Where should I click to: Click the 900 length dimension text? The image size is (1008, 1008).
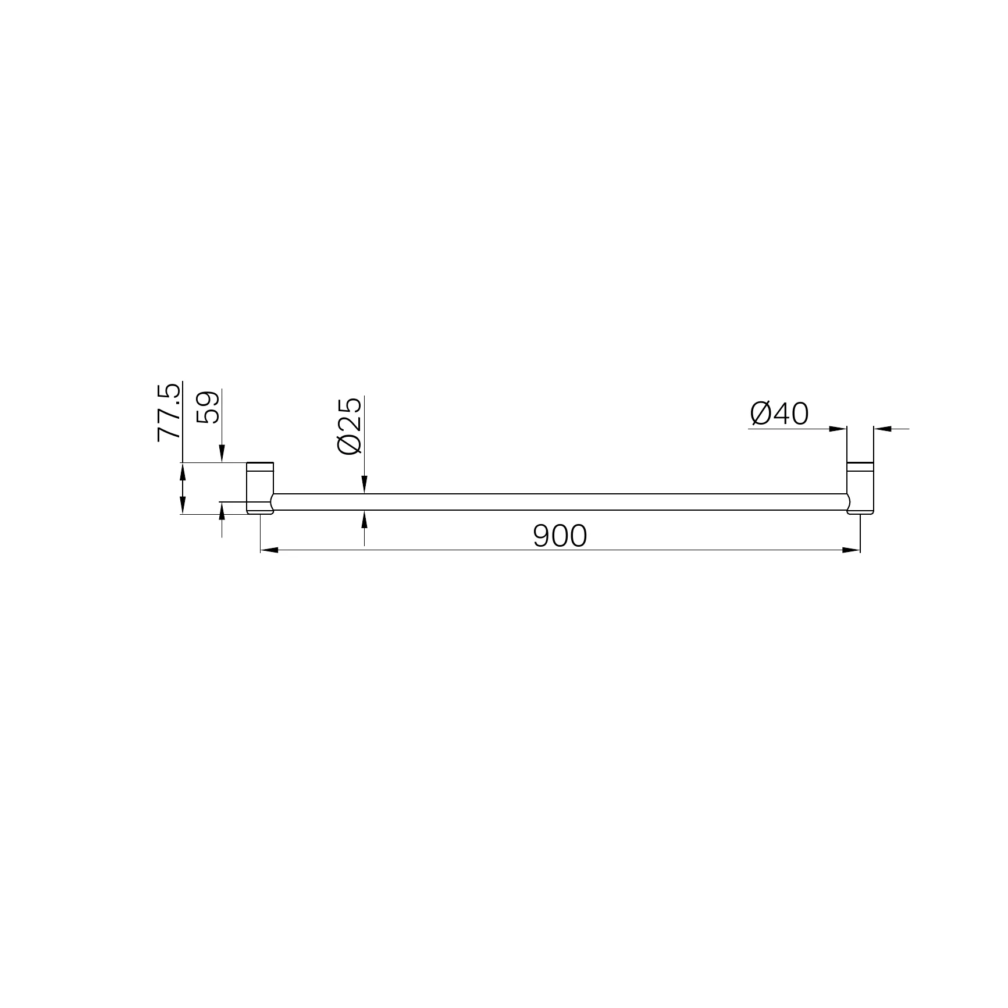560,536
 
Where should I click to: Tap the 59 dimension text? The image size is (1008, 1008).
208,407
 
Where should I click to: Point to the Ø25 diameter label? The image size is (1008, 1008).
349,426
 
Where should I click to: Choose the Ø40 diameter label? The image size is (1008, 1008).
779,414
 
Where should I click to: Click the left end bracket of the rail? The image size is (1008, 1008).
260,488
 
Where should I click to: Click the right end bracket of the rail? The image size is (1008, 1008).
860,488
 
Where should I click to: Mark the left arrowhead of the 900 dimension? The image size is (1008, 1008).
268,550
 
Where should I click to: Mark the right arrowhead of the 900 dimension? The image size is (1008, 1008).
852,550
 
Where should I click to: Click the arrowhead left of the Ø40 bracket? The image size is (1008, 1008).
838,429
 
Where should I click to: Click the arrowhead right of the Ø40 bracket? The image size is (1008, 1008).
882,429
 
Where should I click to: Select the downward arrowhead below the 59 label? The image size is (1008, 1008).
222,454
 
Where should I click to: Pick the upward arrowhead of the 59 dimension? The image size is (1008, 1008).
222,511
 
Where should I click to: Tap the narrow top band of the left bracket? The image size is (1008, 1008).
260,465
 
